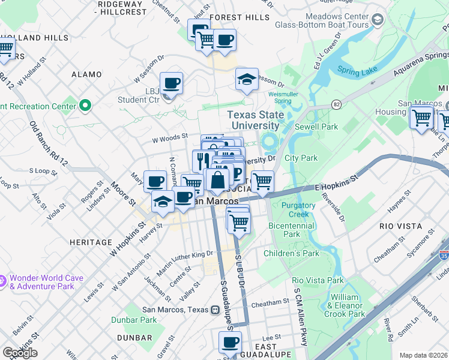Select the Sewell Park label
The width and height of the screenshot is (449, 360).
[316, 127]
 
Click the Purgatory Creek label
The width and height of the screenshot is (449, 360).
[298, 210]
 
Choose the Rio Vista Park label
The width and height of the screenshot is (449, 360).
[318, 280]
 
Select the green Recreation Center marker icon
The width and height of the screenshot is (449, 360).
[85, 106]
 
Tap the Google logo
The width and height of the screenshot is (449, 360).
[20, 353]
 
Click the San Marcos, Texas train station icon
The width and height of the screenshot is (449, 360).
[214, 310]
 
